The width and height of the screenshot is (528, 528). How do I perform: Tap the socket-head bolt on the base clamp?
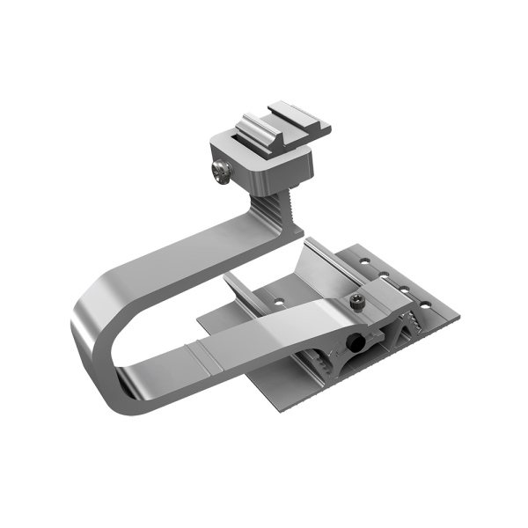pos(356,300)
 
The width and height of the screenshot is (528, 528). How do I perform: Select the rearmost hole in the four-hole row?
pos(363,260)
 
